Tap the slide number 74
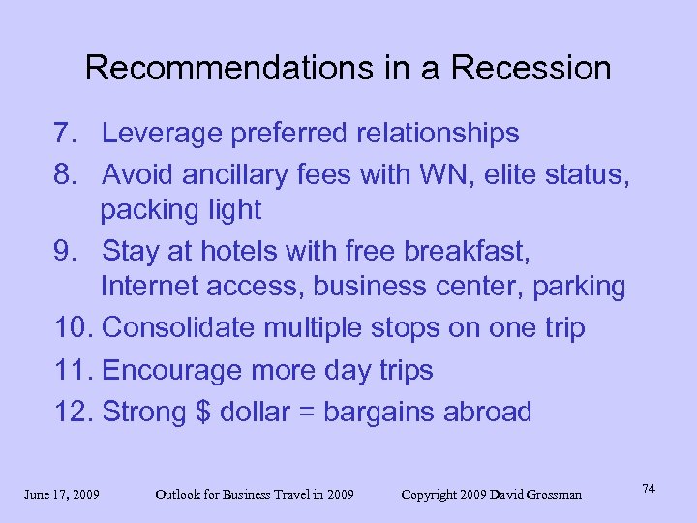point(648,489)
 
